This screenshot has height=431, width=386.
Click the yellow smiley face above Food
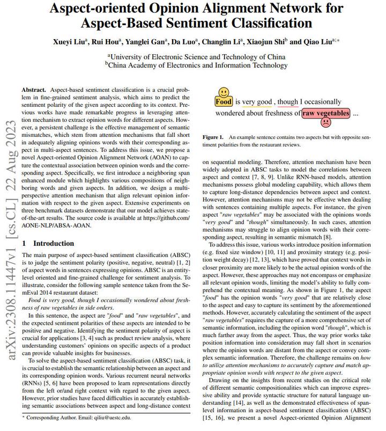coord(223,91)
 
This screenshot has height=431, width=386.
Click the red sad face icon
coord(325,123)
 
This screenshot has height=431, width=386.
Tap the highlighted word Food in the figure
coord(224,101)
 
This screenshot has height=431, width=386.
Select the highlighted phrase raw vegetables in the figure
coord(325,113)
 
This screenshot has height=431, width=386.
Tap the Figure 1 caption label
coord(213,138)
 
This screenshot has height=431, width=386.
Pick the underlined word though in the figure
coord(287,101)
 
